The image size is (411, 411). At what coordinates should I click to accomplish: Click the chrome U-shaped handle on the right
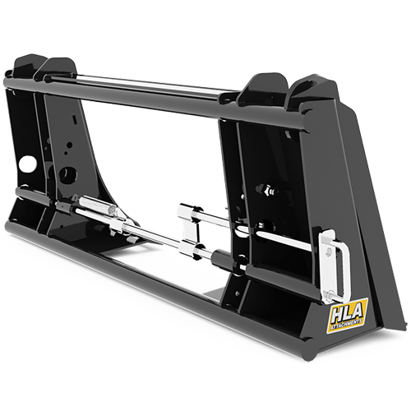pos(336,263)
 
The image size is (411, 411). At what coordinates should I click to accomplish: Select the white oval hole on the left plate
pos(29,164)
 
